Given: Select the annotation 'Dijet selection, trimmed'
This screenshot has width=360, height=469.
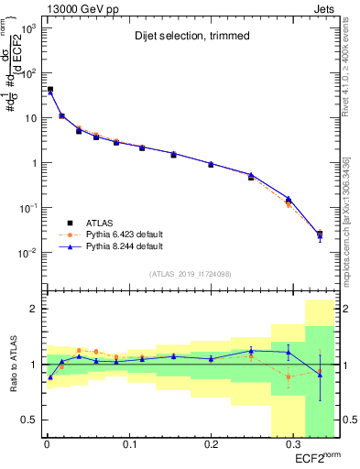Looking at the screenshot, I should pos(183,36).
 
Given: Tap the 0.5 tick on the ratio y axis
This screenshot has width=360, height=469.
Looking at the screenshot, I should pos(27,420).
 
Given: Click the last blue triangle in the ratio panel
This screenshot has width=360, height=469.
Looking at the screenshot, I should pos(320,373).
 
